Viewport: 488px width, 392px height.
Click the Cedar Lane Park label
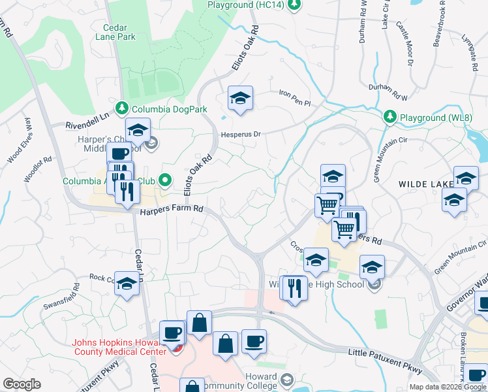click(119, 32)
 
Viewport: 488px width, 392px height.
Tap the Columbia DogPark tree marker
click(120, 108)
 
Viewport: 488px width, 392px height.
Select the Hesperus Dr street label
click(239, 134)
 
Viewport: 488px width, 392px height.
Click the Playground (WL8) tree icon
click(390, 116)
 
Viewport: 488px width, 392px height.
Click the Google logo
click(22, 384)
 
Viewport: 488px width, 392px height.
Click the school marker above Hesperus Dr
click(240, 99)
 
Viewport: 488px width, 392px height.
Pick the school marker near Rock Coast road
click(127, 284)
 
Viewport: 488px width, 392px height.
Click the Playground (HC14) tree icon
click(295, 5)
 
